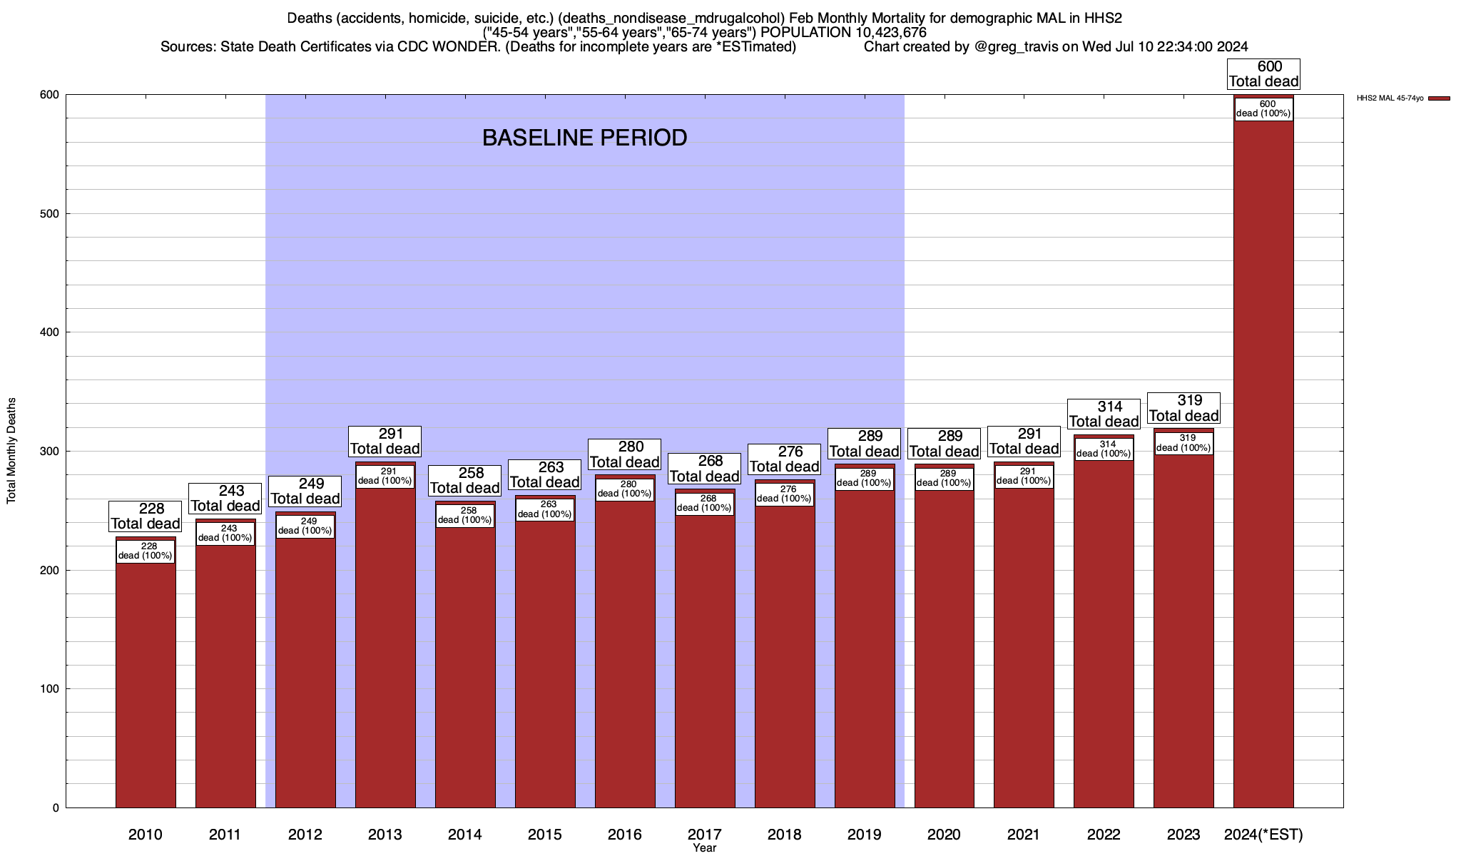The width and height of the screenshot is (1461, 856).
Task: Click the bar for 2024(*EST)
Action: tap(1263, 464)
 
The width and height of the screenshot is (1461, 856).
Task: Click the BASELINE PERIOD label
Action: tap(584, 138)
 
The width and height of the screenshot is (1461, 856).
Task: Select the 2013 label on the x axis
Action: tap(385, 835)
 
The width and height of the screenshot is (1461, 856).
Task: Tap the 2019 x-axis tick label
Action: tap(864, 835)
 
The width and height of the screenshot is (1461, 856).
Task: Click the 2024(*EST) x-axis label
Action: tap(1263, 835)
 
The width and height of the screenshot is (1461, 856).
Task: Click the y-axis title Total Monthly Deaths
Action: tap(11, 451)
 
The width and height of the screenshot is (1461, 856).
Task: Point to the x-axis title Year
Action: tap(704, 848)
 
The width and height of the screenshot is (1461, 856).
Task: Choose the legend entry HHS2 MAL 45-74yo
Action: tap(1390, 98)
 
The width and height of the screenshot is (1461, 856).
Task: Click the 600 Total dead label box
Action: tap(1263, 74)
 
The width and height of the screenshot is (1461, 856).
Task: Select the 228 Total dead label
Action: tap(146, 516)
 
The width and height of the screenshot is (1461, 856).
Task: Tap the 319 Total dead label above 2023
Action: tap(1183, 409)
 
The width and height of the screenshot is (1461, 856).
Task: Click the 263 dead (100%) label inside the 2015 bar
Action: tap(545, 509)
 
